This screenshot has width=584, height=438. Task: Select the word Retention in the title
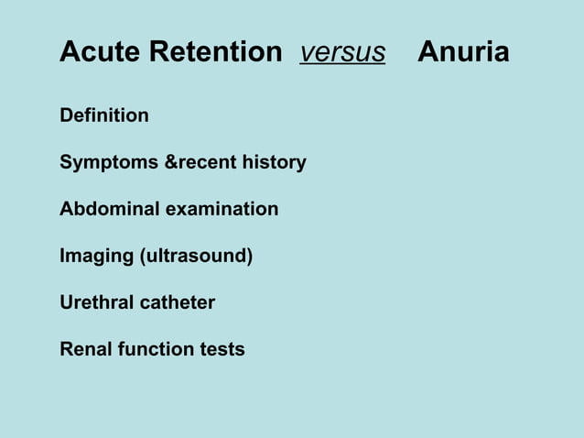(x=216, y=53)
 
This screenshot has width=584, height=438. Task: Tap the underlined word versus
(x=342, y=53)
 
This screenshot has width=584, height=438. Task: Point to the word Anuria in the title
(x=463, y=53)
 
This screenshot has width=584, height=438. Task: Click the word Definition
(x=104, y=115)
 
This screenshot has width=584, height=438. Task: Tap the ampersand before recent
(x=170, y=163)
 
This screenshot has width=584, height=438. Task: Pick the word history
(x=274, y=163)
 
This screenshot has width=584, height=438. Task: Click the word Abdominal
(x=110, y=210)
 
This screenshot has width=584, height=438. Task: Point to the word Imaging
(x=96, y=257)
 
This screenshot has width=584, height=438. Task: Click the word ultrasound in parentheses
(x=195, y=257)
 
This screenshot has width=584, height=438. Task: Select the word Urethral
(x=96, y=302)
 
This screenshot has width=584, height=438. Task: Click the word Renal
(x=86, y=349)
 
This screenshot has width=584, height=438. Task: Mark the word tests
(x=222, y=349)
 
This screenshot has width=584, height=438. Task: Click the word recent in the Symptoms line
(x=206, y=163)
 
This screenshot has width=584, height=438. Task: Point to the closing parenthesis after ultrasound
(x=249, y=257)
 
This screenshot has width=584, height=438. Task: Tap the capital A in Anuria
(x=427, y=53)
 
